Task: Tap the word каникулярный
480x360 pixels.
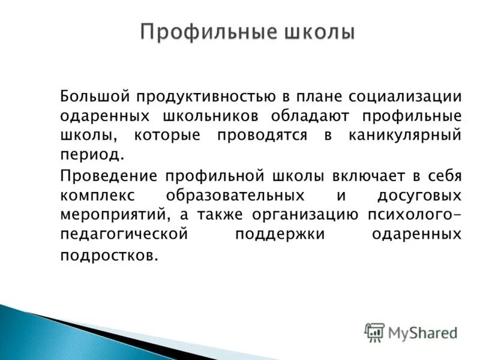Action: coord(405,135)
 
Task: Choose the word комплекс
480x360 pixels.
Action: coord(97,196)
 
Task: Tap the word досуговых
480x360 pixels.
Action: coord(419,196)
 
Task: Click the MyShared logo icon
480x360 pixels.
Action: coord(374,332)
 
